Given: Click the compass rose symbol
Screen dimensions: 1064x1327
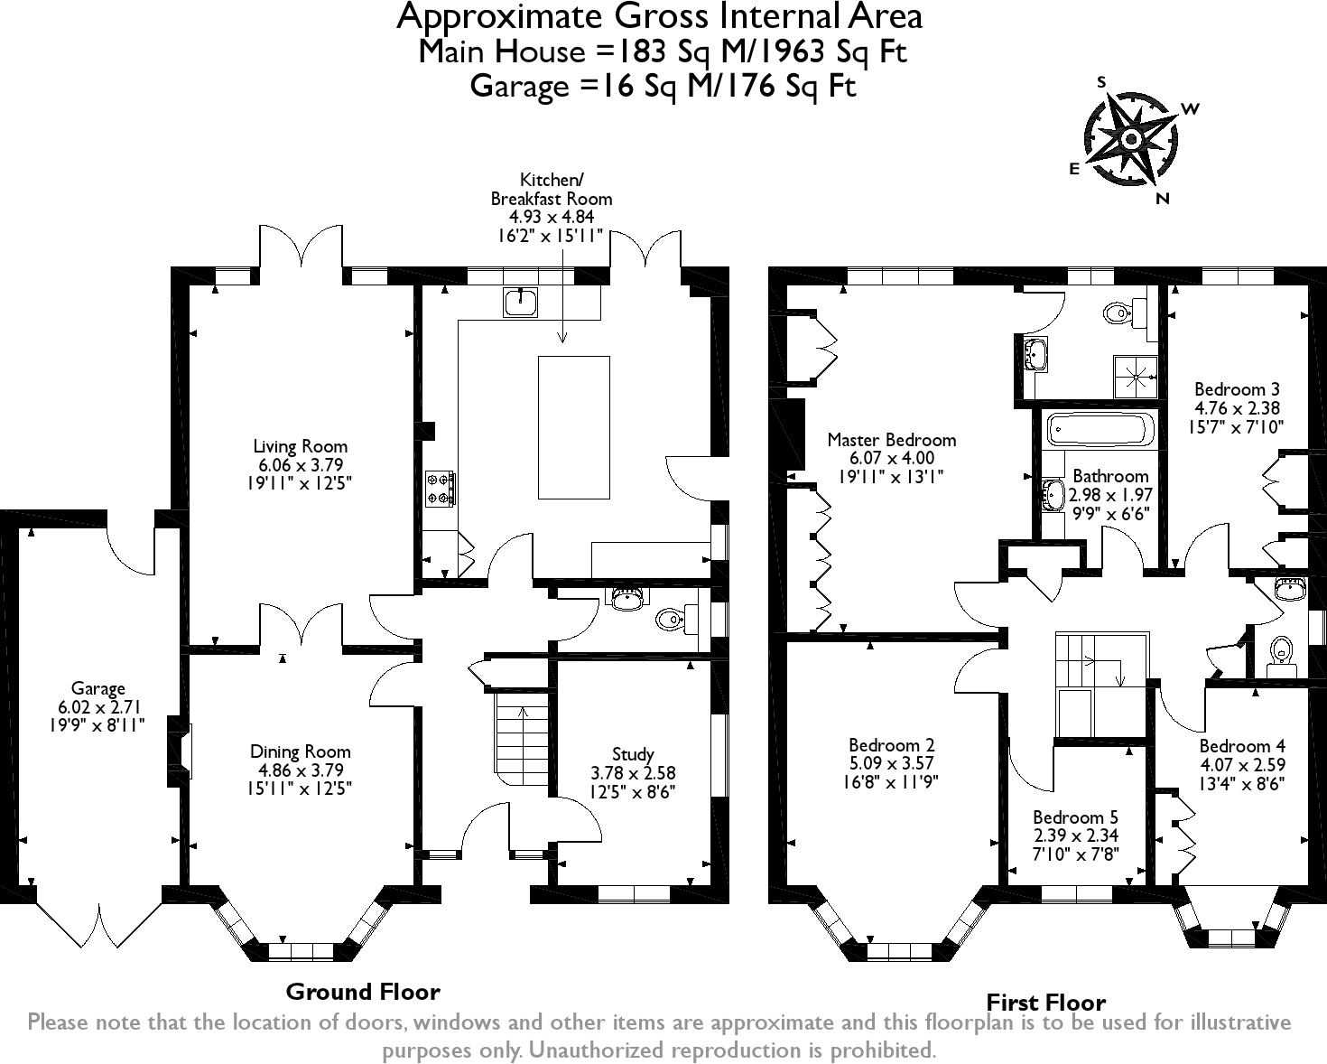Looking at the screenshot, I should coord(1130,140).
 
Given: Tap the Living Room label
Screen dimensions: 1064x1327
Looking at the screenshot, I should coord(300,446).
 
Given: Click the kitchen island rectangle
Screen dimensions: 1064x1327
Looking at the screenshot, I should coord(574,426).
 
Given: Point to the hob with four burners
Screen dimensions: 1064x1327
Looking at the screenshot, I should coord(441,489).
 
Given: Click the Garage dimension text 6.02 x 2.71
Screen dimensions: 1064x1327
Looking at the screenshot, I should coord(97,707).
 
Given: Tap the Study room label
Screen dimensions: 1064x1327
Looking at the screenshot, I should coord(632,754).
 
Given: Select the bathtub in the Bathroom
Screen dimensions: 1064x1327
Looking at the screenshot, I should coord(1099,432).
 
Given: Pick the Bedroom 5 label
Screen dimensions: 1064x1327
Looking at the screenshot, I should coord(1075,817).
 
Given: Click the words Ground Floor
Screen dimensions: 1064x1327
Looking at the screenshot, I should coord(362,992).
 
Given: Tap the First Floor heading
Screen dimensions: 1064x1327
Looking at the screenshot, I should coord(1045,1002).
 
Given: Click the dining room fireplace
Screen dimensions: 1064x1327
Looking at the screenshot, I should coord(181,750).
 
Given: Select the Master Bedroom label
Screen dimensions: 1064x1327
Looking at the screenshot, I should coord(891,440).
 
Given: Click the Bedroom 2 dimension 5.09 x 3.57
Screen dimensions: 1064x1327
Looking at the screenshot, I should coord(891,763).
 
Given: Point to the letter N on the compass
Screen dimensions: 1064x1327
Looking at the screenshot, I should coord(1163,200).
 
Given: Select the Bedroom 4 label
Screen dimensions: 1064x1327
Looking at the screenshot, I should coord(1241,746).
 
